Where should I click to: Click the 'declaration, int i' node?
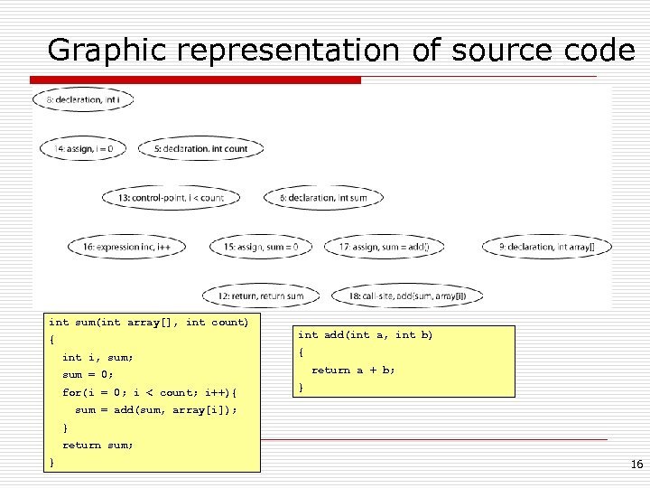tap(83, 99)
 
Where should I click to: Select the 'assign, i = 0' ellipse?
tap(83, 148)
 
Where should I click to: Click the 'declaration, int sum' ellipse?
tap(323, 197)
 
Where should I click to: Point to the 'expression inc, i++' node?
tap(126, 246)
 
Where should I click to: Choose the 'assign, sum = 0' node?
tap(261, 246)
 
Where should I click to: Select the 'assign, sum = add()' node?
tap(391, 246)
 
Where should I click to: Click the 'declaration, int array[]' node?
tap(547, 246)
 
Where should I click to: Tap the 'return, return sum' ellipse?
tap(259, 295)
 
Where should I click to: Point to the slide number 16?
tap(636, 465)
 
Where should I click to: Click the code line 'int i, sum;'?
tap(97, 357)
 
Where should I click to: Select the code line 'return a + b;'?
tap(353, 370)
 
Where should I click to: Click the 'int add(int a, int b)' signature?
tap(366, 335)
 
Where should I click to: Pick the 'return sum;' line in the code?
tap(97, 445)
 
